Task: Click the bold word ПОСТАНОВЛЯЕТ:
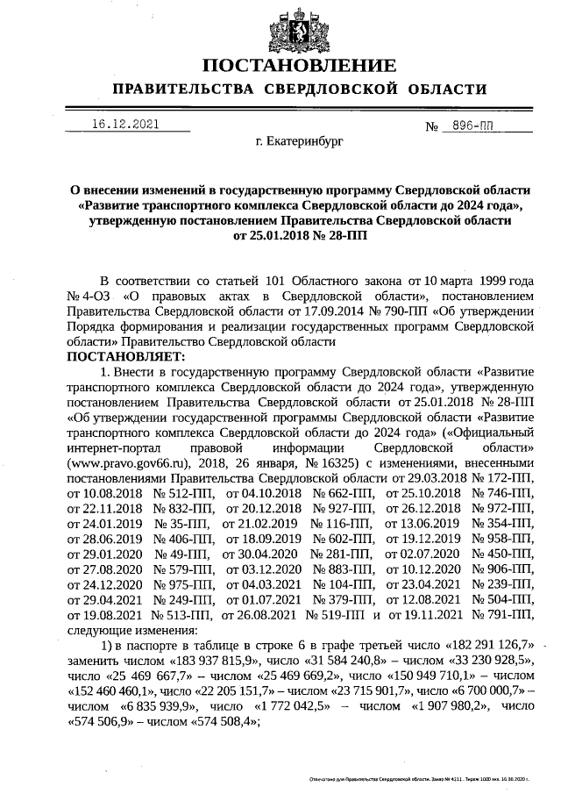tap(126, 357)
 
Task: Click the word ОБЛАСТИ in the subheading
tap(444, 89)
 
